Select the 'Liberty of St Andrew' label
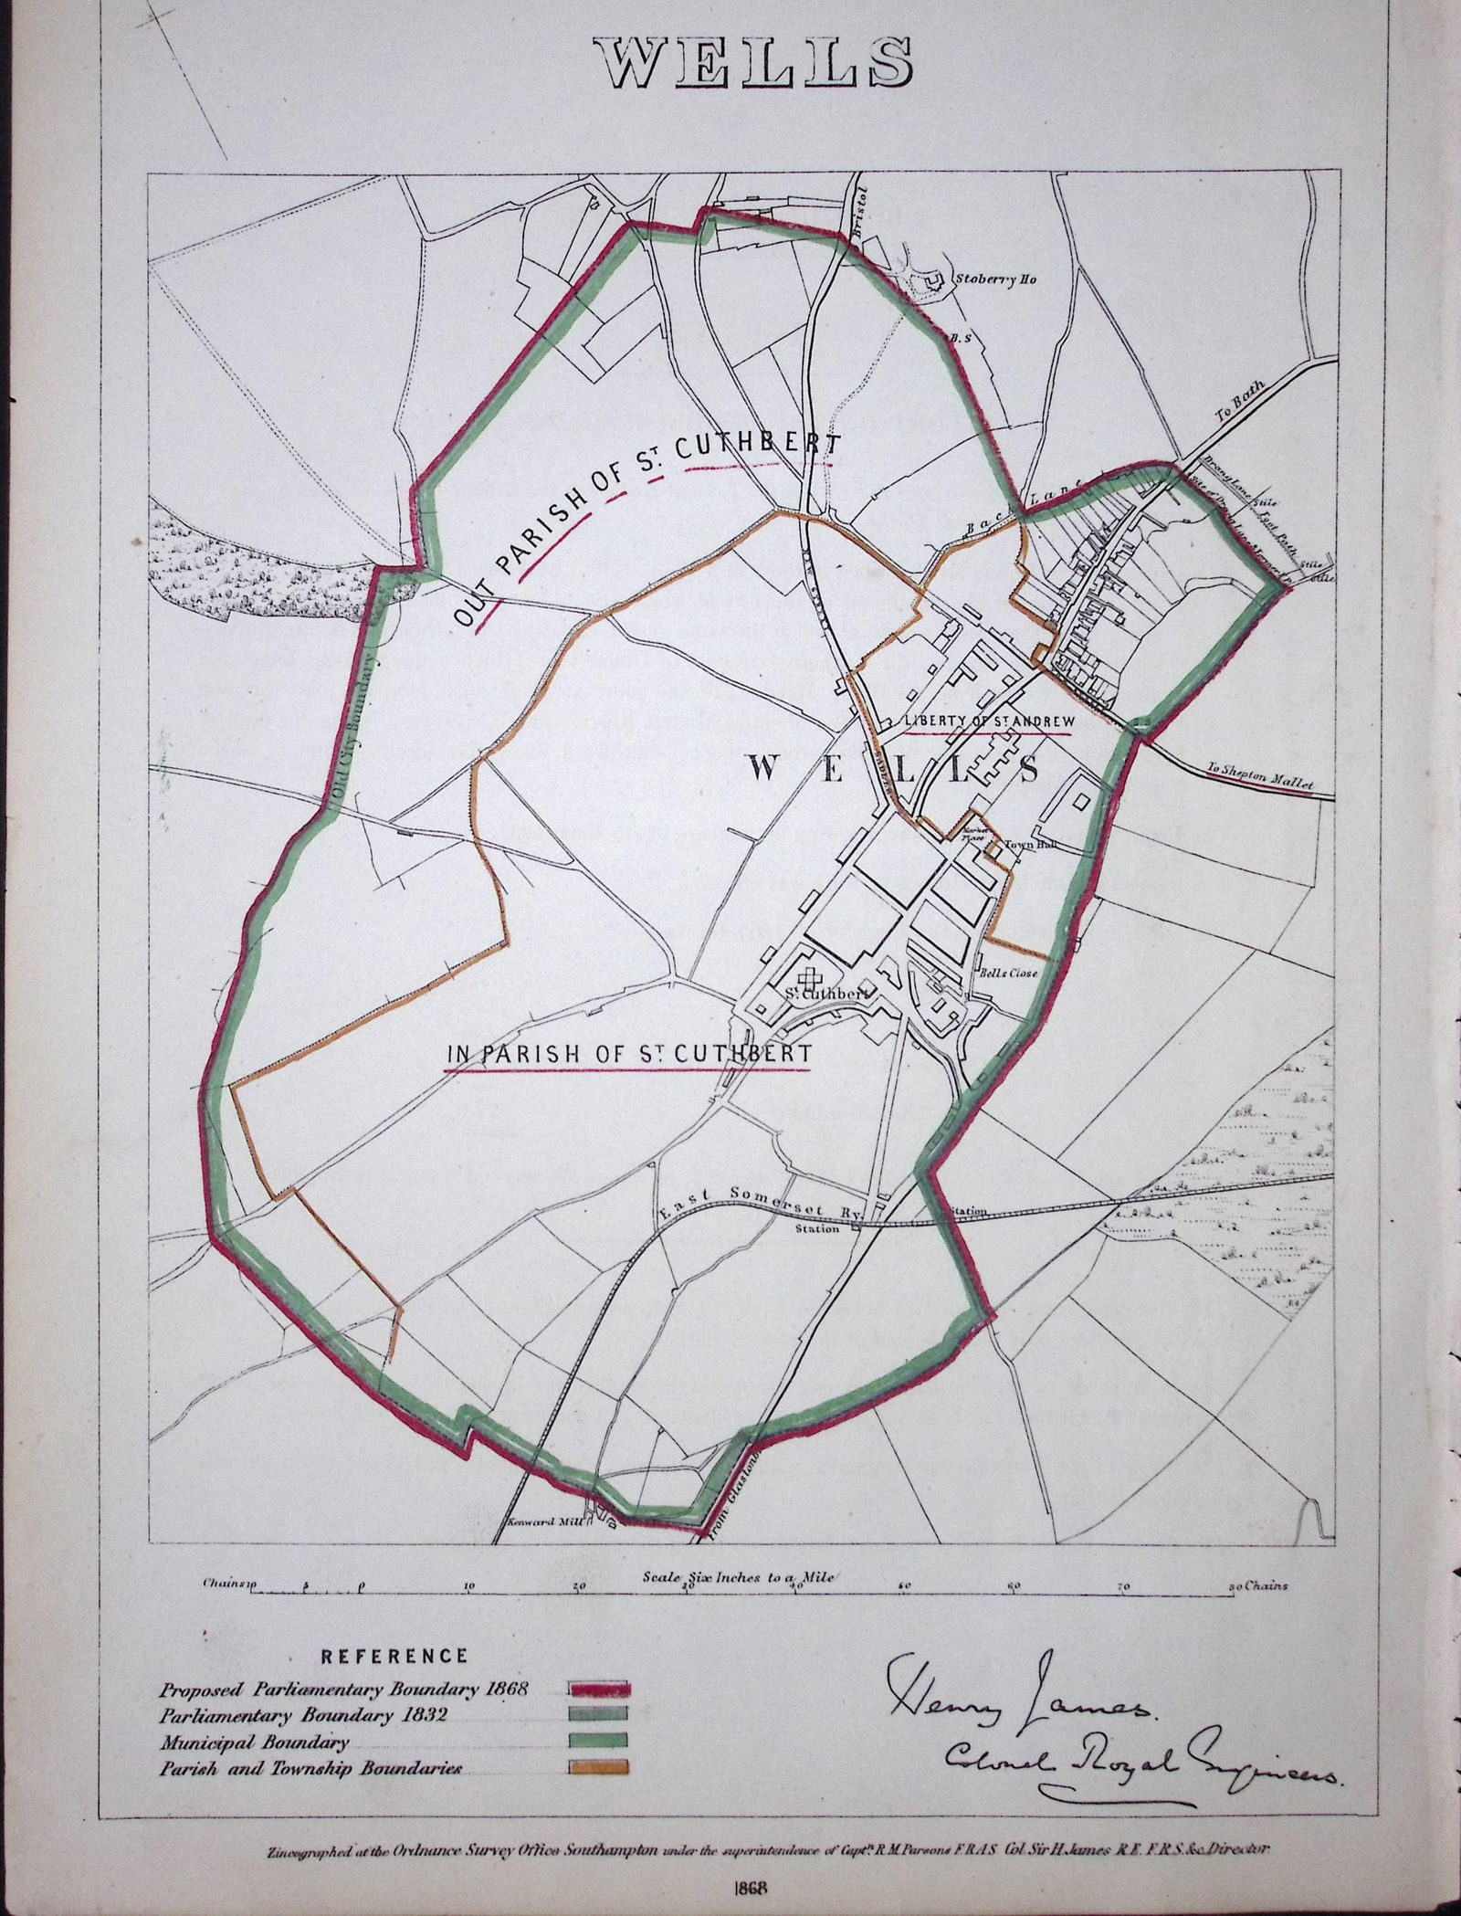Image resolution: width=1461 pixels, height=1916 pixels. (986, 719)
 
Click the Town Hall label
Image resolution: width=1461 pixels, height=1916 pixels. (1023, 845)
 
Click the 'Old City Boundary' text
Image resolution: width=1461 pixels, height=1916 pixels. (353, 725)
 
